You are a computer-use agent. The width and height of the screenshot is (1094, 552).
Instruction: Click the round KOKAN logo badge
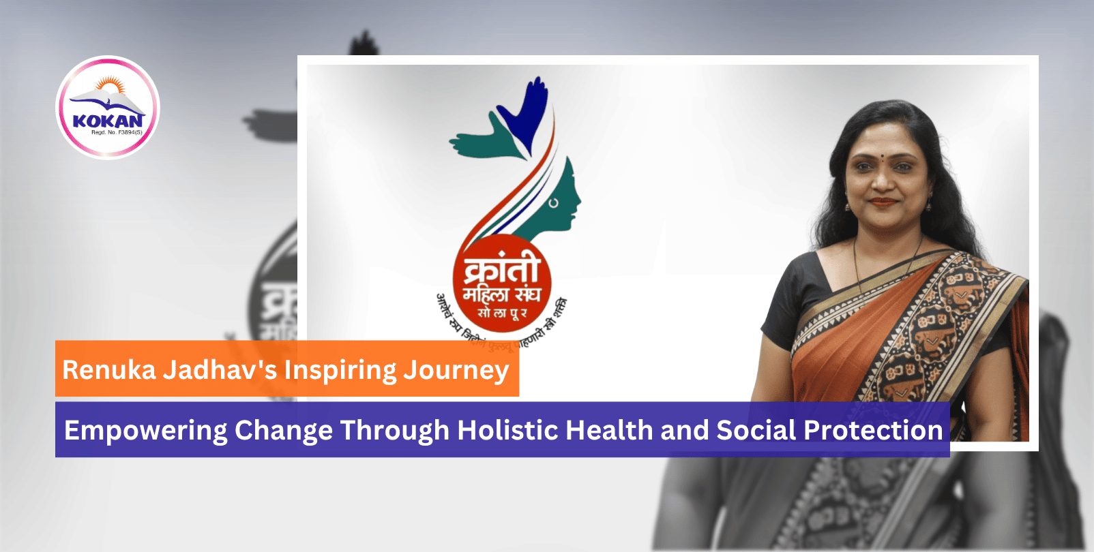108,108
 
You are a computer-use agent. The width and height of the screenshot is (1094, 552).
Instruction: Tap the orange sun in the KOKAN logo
110,86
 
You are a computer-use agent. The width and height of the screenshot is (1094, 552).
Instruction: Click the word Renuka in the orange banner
109,370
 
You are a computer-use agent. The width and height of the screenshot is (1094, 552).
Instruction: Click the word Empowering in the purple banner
145,431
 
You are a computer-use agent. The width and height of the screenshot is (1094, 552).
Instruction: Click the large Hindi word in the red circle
502,269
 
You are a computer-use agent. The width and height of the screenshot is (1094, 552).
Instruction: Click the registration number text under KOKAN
117,132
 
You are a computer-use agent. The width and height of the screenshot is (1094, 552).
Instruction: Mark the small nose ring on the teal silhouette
553,202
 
